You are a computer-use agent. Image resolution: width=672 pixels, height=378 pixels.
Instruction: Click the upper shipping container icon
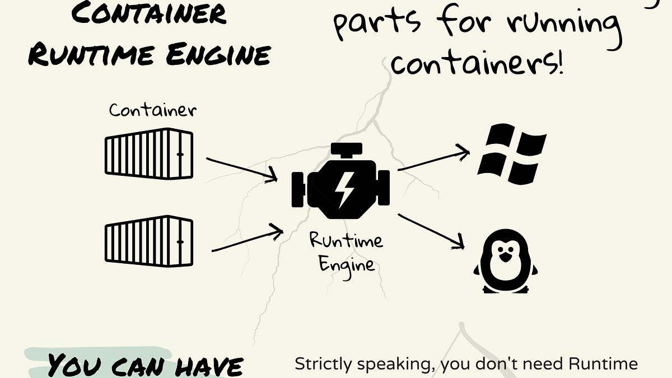click(x=149, y=152)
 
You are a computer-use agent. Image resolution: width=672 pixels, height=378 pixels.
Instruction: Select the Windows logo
click(x=511, y=154)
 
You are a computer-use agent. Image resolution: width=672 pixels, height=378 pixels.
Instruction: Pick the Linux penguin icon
click(x=505, y=260)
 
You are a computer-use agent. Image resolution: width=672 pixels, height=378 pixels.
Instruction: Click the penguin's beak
click(x=505, y=257)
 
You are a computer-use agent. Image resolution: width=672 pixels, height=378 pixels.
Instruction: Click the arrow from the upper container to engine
click(x=242, y=169)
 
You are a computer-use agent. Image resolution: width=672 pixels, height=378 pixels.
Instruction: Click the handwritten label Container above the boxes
click(x=152, y=110)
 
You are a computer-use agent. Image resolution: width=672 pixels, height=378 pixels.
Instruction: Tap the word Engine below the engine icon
click(x=347, y=263)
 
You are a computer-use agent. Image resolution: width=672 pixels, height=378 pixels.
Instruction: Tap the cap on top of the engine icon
click(x=340, y=150)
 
